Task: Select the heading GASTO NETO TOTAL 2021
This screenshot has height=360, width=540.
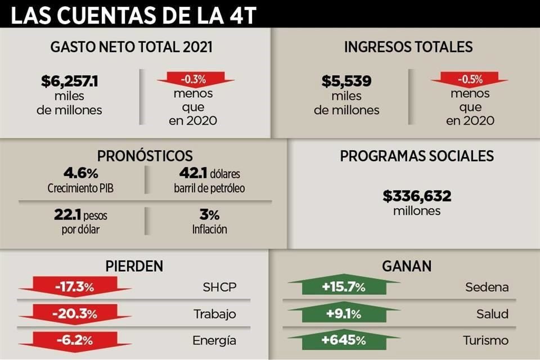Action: [132, 47]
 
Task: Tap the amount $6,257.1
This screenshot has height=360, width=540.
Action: [70, 82]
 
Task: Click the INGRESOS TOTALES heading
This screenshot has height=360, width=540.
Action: [408, 47]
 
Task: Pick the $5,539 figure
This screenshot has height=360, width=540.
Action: [346, 82]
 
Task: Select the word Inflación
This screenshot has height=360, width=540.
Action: [210, 229]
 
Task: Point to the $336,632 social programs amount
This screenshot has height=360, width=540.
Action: [417, 196]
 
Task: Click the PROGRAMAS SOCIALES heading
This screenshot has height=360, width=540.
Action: [417, 156]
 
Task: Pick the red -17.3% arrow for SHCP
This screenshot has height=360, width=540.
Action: [75, 287]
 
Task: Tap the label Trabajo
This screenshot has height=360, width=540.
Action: [214, 314]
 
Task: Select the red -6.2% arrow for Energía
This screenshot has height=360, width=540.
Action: [75, 340]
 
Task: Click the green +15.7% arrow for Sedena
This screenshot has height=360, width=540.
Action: [344, 287]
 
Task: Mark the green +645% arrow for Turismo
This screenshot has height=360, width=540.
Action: [344, 340]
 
